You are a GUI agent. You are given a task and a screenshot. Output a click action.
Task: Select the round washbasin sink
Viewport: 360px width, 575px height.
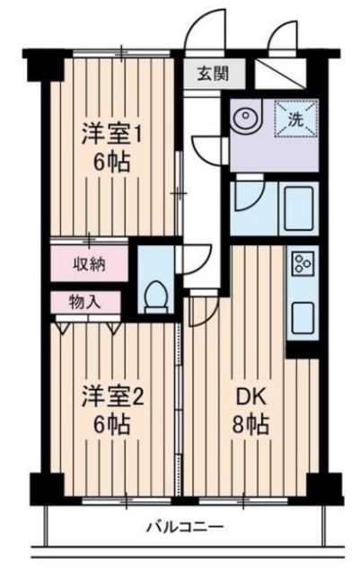point(245,117)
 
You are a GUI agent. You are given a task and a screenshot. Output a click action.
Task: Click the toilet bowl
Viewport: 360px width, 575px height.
point(156,295)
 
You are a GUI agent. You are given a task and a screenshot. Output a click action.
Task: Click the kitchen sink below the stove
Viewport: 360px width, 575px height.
point(303,317)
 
